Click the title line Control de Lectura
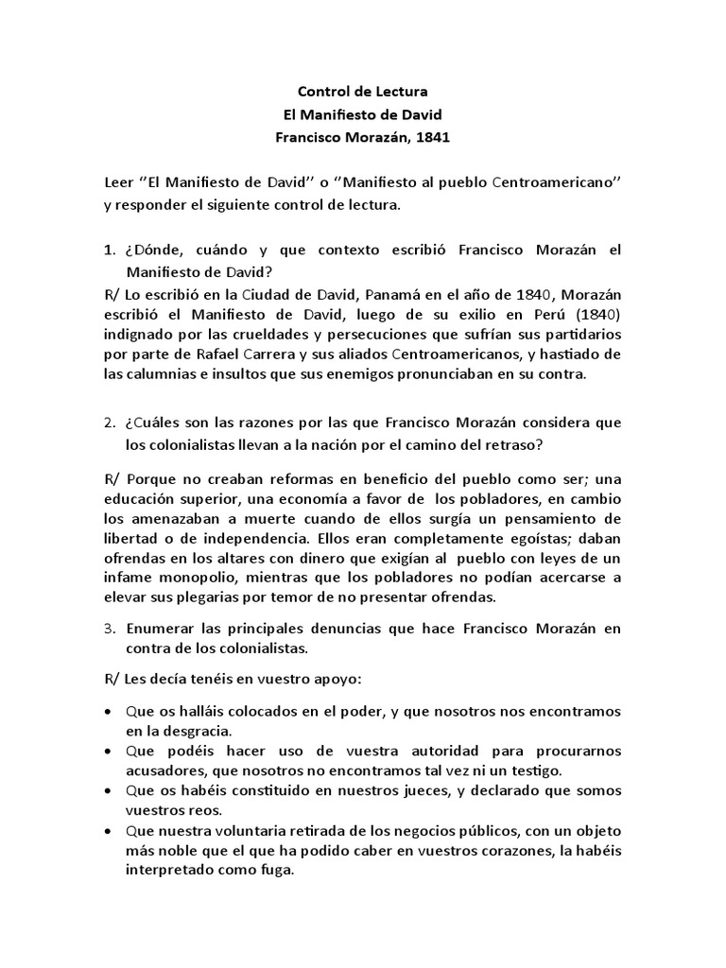click(363, 92)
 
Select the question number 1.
click(108, 250)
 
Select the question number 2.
click(108, 421)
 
